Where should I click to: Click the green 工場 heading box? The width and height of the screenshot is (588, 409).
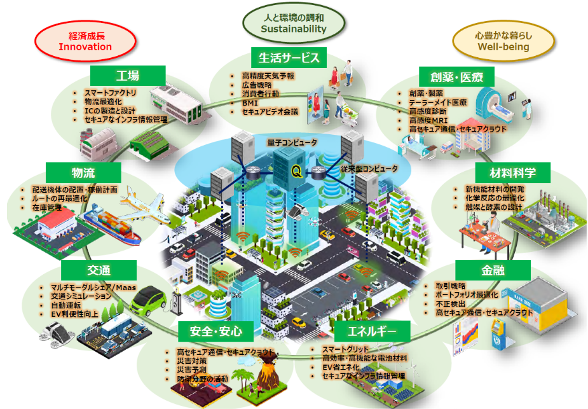[128, 76]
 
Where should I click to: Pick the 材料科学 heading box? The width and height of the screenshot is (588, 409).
[512, 172]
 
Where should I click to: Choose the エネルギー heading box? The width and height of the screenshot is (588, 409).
[373, 331]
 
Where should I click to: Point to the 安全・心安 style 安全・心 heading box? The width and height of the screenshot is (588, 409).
[216, 331]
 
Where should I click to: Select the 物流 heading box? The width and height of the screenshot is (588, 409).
[83, 172]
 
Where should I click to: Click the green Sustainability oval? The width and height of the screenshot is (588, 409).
[294, 24]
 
